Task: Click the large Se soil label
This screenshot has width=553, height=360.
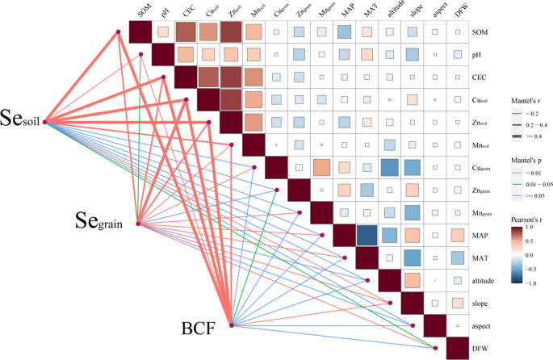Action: pos(21,118)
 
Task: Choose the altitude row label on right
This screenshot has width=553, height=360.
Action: pos(486,279)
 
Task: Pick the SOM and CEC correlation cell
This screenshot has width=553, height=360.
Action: pos(186,32)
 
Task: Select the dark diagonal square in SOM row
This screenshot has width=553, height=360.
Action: pos(141,32)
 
